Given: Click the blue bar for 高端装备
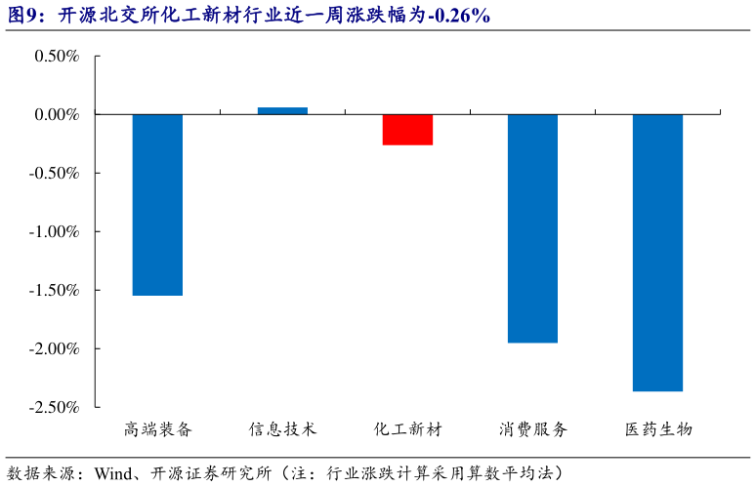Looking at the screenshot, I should [x=157, y=205].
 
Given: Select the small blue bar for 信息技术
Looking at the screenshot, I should [x=282, y=111].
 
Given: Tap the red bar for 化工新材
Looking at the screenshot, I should [x=407, y=130].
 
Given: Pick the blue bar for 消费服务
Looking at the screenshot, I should [x=532, y=228].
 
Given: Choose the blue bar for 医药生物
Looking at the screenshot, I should [x=657, y=253].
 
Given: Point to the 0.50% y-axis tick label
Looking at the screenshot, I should [x=57, y=57].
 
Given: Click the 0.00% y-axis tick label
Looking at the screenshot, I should [x=57, y=115].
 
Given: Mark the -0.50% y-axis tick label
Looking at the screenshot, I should [x=54, y=174].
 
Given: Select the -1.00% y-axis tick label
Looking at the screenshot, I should [x=54, y=232].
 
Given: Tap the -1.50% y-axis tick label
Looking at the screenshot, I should [x=54, y=290].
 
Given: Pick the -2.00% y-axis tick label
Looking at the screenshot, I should [x=54, y=348].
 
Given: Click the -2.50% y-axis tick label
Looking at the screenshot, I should [x=54, y=407].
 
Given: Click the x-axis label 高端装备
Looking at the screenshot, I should [x=158, y=429].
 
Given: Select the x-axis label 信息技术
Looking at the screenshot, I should [x=282, y=429].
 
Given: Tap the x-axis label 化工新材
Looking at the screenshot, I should [x=407, y=429].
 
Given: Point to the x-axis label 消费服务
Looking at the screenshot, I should [x=532, y=429].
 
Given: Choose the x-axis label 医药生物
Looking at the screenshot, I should [x=657, y=429].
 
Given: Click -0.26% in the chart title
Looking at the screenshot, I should [x=459, y=16].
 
